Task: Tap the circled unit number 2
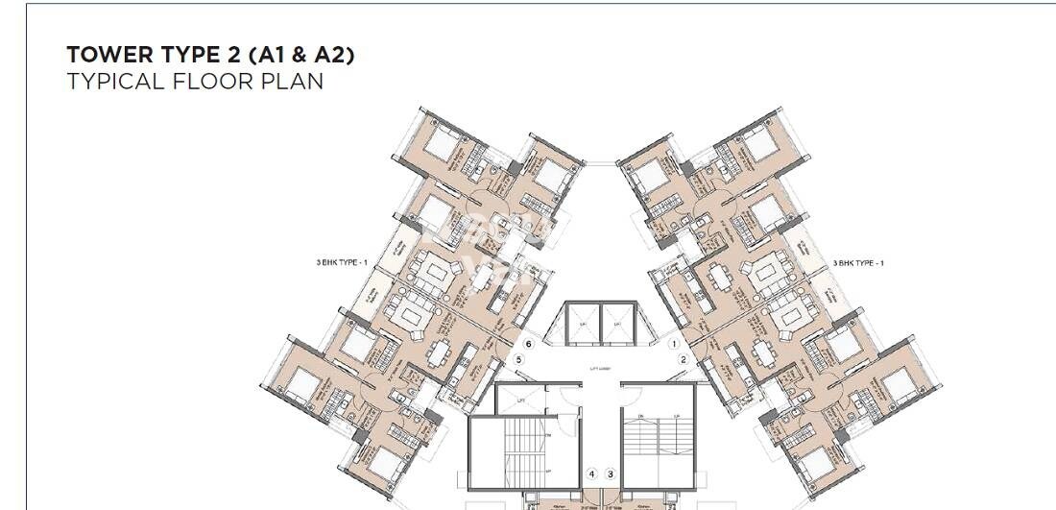click(683, 360)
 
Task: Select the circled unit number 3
click(610, 474)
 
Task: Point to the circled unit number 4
click(592, 474)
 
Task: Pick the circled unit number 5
click(518, 360)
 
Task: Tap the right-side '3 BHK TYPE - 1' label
click(858, 262)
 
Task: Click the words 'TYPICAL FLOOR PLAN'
click(195, 82)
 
